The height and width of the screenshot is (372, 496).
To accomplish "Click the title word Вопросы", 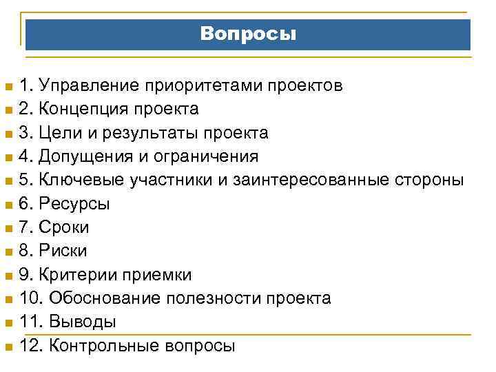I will (249, 34).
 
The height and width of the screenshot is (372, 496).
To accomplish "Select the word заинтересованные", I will (312, 180).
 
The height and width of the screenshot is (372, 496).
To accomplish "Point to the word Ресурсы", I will (74, 204).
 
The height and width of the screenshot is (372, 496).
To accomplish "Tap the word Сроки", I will (65, 227).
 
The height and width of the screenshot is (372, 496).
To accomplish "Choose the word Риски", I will (63, 251).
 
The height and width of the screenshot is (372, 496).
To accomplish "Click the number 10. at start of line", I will (30, 298).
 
